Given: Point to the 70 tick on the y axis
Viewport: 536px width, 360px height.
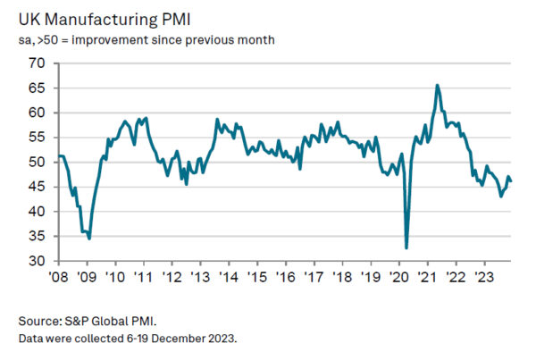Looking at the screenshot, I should pos(37,63).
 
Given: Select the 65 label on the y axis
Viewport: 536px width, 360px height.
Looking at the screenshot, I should pos(37,88).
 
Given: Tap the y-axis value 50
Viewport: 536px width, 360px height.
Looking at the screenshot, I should pos(37,163).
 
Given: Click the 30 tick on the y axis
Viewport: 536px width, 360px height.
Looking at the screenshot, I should pos(37,262).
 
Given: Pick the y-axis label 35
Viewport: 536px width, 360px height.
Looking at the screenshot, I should pos(37,237).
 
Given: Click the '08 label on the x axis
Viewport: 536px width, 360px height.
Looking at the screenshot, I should pos(59,277).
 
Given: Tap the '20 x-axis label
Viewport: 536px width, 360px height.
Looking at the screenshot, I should pos(399,277).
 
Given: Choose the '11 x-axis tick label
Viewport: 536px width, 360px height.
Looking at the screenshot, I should pos(144,277).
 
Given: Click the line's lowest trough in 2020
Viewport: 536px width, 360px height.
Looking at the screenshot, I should pos(406,247).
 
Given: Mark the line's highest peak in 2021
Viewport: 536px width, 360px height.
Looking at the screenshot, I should pos(437,85).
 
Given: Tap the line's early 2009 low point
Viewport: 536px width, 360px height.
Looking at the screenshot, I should pos(89,239).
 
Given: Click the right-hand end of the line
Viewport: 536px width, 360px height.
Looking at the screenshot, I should pos(511,181).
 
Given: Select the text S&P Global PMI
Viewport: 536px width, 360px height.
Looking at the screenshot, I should pos(119,320).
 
